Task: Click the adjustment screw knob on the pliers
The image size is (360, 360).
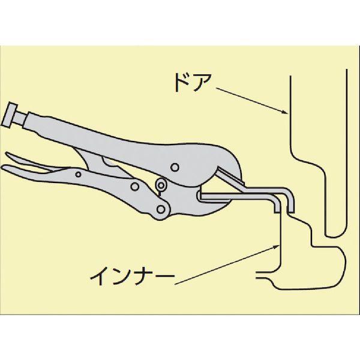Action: click(13, 115)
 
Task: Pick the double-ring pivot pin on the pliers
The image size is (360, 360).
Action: click(160, 186)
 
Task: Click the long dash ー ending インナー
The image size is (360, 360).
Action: click(167, 278)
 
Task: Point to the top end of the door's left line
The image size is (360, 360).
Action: click(290, 76)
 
